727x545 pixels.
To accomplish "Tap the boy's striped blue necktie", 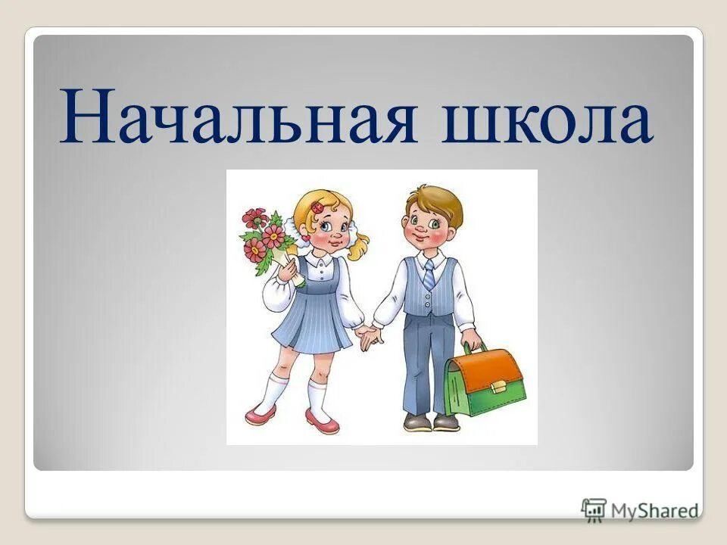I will (x=429, y=274).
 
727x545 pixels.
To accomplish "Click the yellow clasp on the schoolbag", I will (x=498, y=385).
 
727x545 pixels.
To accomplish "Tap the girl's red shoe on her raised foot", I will (x=261, y=414).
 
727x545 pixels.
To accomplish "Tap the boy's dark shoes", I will (x=432, y=422).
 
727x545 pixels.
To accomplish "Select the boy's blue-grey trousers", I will (x=429, y=363).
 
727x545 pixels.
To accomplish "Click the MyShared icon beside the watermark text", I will (x=594, y=509).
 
